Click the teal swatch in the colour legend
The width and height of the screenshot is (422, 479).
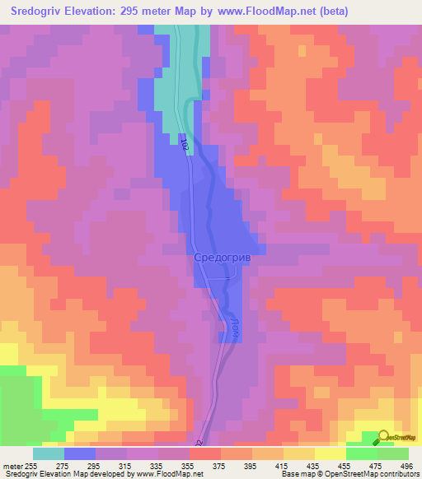(49, 453)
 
